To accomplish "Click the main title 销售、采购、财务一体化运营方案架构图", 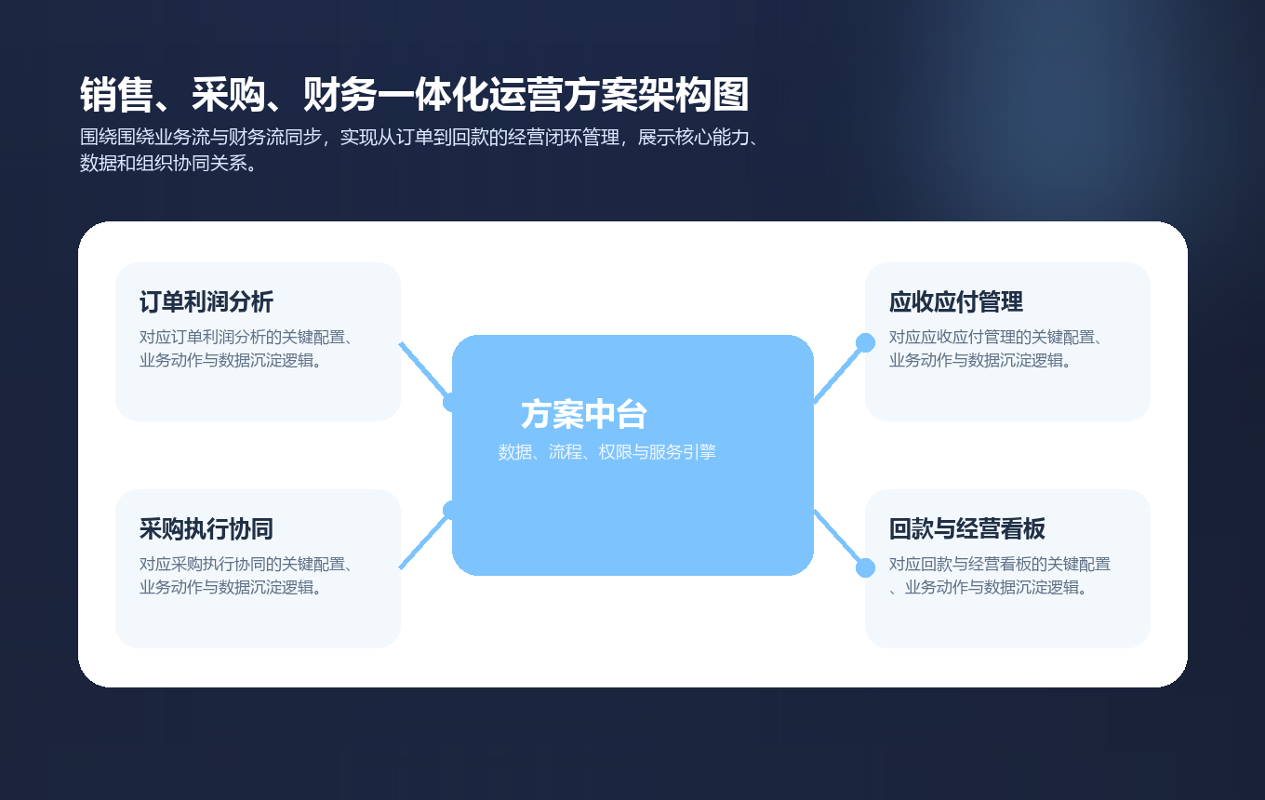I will click(x=414, y=95).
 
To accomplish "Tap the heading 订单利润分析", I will click(x=206, y=302).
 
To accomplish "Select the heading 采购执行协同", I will click(x=206, y=529).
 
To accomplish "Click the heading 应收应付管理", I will click(x=956, y=302).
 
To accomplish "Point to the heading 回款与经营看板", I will click(x=967, y=529).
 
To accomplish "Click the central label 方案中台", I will click(x=584, y=415).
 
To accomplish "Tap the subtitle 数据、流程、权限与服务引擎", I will click(x=606, y=453).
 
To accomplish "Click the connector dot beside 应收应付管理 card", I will click(x=865, y=342).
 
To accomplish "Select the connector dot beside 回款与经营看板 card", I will click(x=865, y=567).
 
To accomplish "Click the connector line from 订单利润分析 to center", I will click(x=424, y=370).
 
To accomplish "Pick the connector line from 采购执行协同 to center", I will click(x=424, y=540).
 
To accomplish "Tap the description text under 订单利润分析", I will click(x=246, y=349).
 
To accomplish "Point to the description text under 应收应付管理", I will click(x=995, y=349).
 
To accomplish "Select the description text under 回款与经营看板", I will click(x=999, y=576).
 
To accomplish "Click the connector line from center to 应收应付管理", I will click(x=840, y=370).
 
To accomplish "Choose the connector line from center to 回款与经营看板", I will click(x=840, y=540).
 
